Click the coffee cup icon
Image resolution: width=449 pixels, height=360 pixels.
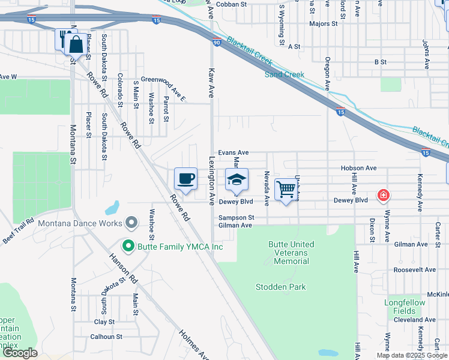coord(185,178)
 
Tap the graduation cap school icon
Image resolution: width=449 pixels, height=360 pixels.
coord(237,179)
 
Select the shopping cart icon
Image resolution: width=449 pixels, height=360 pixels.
coord(286,189)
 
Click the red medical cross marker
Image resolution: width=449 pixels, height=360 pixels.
coord(382,195)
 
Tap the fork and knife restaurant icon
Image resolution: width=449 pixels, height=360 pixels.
coord(63,40)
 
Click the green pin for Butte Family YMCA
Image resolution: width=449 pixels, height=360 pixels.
coord(127,246)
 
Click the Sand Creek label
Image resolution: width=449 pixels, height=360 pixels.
coord(285,75)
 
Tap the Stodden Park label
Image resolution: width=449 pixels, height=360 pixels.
coord(280,287)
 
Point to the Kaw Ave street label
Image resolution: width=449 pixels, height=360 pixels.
coord(211,83)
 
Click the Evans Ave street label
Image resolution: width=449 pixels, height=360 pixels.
coord(233,153)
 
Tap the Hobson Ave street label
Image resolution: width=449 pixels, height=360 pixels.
coord(358,169)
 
